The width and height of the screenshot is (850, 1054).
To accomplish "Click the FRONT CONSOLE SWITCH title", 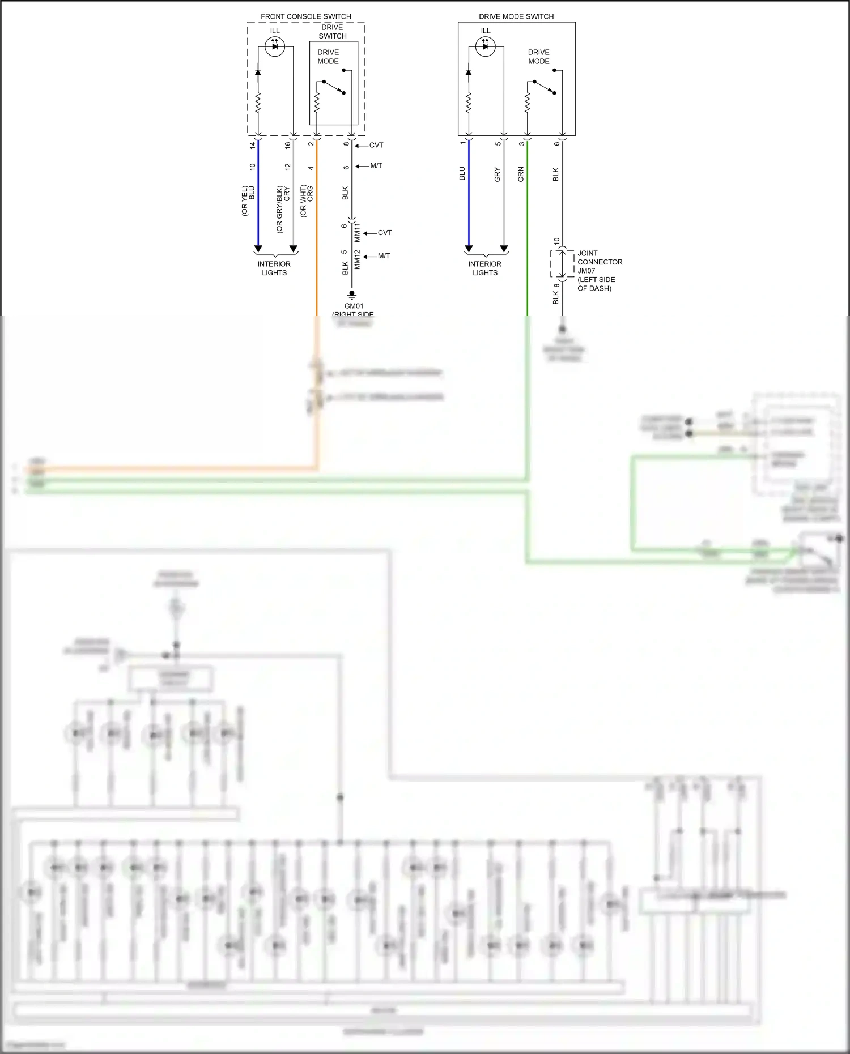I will click(x=305, y=16).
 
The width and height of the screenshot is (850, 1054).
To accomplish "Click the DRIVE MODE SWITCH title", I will click(x=516, y=16).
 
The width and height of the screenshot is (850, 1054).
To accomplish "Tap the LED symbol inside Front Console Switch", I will click(x=275, y=46).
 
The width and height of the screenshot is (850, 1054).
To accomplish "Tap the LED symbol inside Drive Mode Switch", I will click(x=486, y=46).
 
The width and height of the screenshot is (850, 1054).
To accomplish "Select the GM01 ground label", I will click(x=354, y=306).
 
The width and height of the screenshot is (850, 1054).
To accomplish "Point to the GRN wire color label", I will click(x=521, y=174).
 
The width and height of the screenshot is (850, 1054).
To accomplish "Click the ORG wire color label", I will click(x=311, y=194).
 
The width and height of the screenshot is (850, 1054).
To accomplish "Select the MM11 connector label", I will click(x=357, y=233).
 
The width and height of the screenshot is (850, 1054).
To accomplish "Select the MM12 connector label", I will click(x=357, y=260).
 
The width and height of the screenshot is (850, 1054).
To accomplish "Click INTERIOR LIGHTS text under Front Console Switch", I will click(x=274, y=268).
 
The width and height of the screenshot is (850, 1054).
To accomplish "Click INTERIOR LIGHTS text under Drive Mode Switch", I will click(x=485, y=268).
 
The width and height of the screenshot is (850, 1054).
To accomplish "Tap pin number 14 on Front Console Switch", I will click(x=253, y=145).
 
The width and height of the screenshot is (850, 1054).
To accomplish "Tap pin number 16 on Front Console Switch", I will click(x=288, y=145).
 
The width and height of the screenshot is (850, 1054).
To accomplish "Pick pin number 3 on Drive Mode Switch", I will click(x=521, y=144).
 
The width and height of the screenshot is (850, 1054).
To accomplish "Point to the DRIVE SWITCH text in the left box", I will click(x=333, y=32).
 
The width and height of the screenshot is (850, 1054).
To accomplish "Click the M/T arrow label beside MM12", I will click(x=384, y=256).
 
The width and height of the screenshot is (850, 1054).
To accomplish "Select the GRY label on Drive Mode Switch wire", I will click(x=498, y=174).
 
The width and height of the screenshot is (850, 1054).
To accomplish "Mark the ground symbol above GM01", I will click(x=352, y=295).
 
